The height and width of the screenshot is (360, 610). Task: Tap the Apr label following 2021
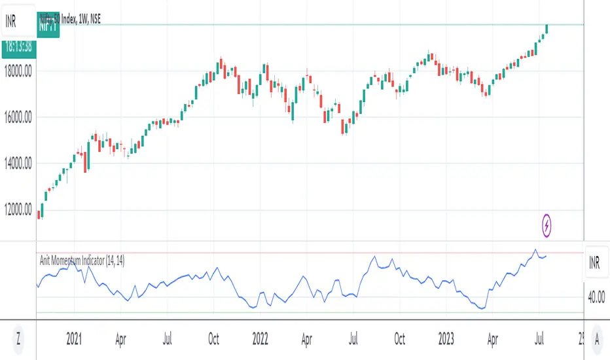coord(120,340)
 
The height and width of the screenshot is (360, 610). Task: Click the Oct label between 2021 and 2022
coord(213,340)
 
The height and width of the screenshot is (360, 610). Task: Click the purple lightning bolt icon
coord(548,226)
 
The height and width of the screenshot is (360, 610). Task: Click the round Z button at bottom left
coord(18,340)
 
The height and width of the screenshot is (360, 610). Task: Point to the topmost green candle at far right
coord(547,28)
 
